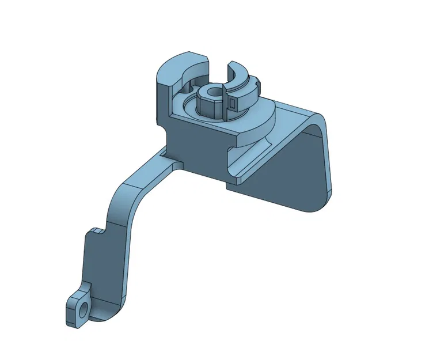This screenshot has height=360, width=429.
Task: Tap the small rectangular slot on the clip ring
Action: pos(232,103)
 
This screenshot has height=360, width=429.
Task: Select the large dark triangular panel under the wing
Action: pos(294,173)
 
